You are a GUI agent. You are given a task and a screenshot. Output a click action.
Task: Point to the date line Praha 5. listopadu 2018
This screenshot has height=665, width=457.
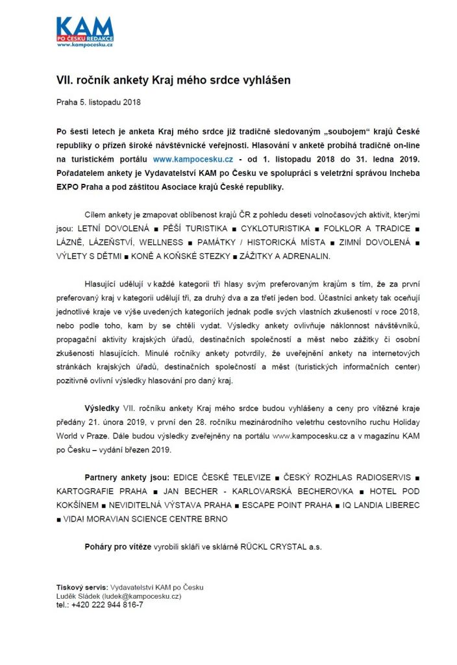pos(98,103)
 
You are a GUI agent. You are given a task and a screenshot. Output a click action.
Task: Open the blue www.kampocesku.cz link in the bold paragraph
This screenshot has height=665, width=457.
pos(193,158)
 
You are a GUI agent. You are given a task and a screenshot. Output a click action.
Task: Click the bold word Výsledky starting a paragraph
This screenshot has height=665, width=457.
pos(102,408)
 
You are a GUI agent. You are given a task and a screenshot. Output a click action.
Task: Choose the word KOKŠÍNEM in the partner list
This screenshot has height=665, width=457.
pos(77,505)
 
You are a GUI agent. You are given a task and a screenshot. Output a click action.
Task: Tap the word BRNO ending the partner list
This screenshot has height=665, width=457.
pos(216,519)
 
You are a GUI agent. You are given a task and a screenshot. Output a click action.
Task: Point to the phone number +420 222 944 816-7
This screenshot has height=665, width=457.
pos(107,605)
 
